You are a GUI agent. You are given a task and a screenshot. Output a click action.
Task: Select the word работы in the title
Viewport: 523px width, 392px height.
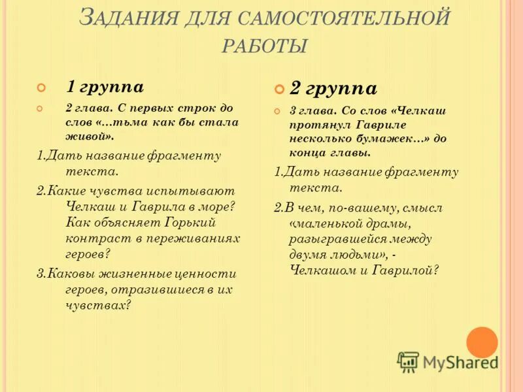[265, 46]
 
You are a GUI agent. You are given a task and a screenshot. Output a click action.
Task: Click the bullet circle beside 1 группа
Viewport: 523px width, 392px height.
[42, 88]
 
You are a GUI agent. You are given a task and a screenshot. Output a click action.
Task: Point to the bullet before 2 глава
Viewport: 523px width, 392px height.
[42, 108]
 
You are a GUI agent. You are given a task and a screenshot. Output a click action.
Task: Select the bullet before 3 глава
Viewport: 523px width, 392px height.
[277, 112]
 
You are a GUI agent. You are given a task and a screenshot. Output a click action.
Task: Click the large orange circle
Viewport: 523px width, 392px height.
[482, 342]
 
